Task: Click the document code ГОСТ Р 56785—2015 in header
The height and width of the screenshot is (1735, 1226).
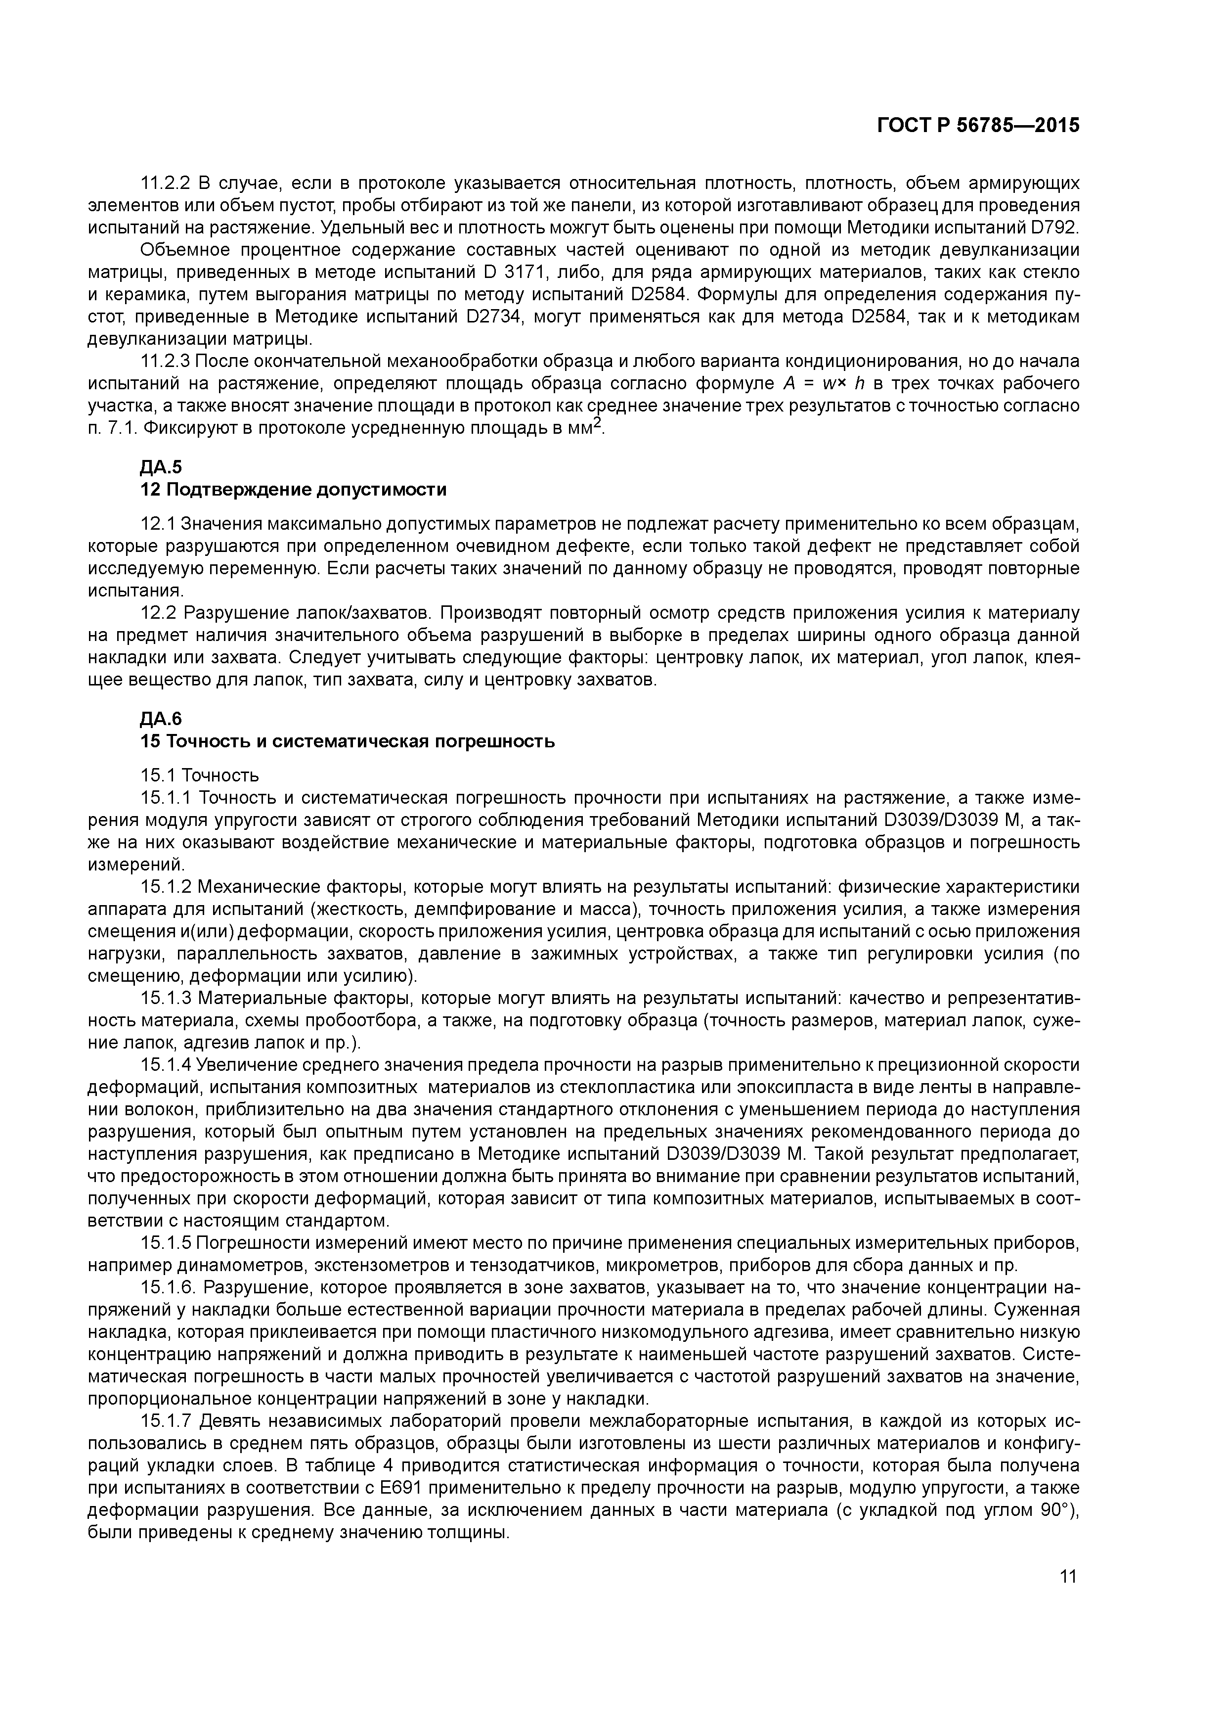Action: point(978,126)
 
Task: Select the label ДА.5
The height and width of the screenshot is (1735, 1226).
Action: point(162,467)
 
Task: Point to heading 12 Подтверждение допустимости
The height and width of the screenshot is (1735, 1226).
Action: point(293,490)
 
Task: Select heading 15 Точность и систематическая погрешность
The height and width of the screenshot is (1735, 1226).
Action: point(348,741)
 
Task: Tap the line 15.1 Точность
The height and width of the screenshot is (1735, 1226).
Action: point(199,776)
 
